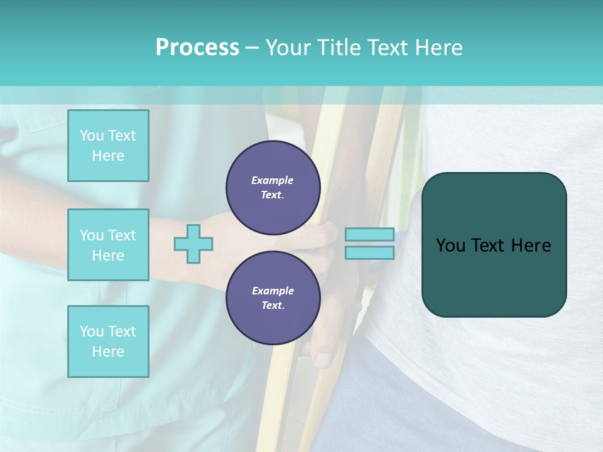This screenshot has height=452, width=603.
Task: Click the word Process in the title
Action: coord(197,48)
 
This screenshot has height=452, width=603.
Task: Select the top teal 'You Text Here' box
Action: coord(108,146)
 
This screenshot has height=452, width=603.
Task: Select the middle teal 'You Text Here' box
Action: coord(108,245)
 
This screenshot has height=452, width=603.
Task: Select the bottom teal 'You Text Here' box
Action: coord(108,341)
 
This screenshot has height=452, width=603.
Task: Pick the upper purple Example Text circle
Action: coord(273,187)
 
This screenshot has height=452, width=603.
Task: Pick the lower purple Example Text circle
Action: coord(273,298)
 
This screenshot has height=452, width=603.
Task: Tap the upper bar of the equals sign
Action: coord(370,235)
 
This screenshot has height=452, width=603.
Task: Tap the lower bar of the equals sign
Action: coord(370,252)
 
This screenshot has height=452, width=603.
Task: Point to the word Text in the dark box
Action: coord(491,245)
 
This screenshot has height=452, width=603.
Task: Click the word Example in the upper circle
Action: coord(273,180)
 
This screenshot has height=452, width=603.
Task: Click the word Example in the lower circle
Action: coord(273,291)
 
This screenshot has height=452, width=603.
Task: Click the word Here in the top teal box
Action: coord(108,156)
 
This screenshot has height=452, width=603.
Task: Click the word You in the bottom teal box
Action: coord(92,331)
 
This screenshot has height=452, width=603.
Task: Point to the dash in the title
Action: coord(253,48)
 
